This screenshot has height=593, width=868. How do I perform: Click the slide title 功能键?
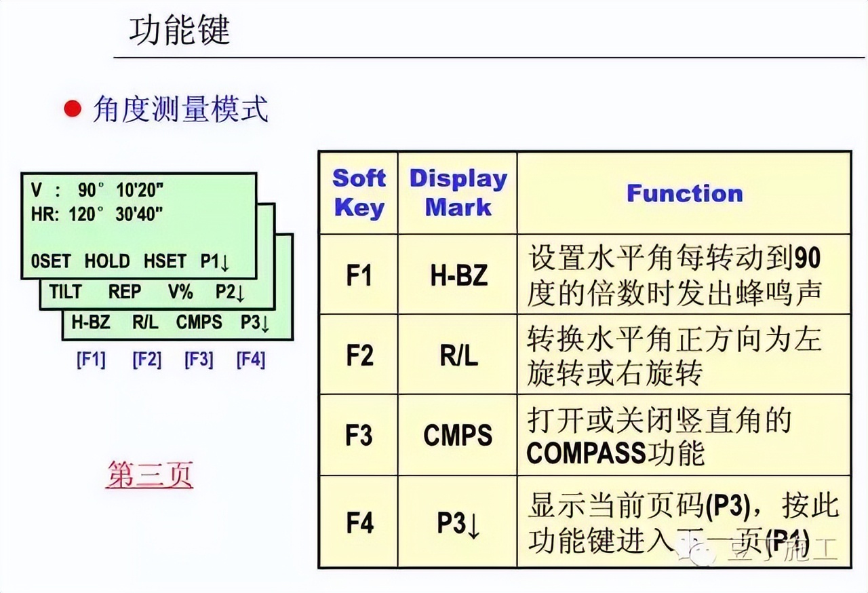pos(180,31)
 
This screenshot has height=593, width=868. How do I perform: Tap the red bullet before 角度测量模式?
pos(72,109)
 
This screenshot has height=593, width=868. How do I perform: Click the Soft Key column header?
pos(359,193)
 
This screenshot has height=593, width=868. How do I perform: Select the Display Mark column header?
pos(458,193)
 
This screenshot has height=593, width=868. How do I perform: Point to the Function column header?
pos(684,193)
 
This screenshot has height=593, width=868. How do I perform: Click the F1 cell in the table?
pos(359,275)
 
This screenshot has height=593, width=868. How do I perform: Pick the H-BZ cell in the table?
pos(458,275)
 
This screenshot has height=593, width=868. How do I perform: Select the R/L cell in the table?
pos(458,355)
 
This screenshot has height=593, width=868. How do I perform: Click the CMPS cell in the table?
pos(458,436)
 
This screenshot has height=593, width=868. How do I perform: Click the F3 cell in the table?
pos(359,436)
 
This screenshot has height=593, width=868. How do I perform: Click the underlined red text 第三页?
pos(149,475)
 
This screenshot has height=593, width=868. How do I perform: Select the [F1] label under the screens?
pos(91,359)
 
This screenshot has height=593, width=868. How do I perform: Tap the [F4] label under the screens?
pos(250,359)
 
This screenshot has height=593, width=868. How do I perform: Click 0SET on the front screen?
pos(51,261)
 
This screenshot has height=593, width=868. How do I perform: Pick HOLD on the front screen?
pos(106,261)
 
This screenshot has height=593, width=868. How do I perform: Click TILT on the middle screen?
pos(65,292)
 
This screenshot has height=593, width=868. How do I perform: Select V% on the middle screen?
pos(180,292)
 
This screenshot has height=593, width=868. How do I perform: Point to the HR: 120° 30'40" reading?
pos(97,214)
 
